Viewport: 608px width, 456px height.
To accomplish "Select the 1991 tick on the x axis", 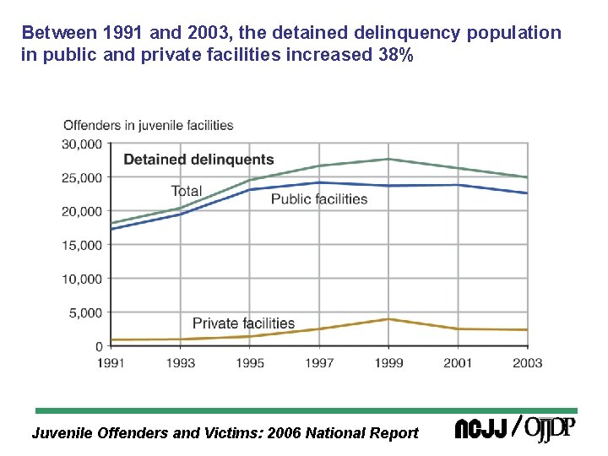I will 111,362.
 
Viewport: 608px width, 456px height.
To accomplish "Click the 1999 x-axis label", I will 388,362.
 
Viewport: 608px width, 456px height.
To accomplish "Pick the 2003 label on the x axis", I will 527,362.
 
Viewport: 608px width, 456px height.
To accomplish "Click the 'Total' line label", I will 186,191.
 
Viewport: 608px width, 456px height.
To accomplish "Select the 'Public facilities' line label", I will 319,199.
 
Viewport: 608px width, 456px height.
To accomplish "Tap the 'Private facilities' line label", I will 243,323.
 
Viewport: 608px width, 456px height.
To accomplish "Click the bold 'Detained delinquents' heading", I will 198,160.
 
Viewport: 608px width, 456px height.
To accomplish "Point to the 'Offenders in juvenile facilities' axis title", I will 149,125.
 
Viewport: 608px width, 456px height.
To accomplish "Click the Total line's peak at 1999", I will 388,159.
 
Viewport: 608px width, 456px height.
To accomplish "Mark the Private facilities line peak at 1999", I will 388,319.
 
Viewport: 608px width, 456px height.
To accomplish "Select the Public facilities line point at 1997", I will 319,182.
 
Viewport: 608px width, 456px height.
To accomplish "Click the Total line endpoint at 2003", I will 527,177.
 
